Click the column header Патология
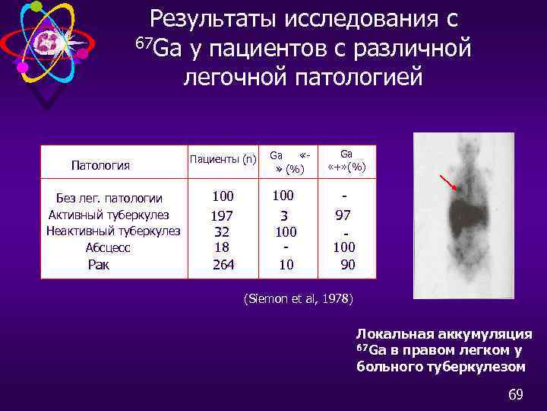pyautogui.click(x=100, y=165)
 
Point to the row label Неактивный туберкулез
pyautogui.click(x=113, y=231)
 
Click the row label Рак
pyautogui.click(x=99, y=265)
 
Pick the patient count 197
pyautogui.click(x=223, y=215)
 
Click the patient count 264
pyautogui.click(x=223, y=265)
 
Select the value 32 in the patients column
pyautogui.click(x=223, y=231)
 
